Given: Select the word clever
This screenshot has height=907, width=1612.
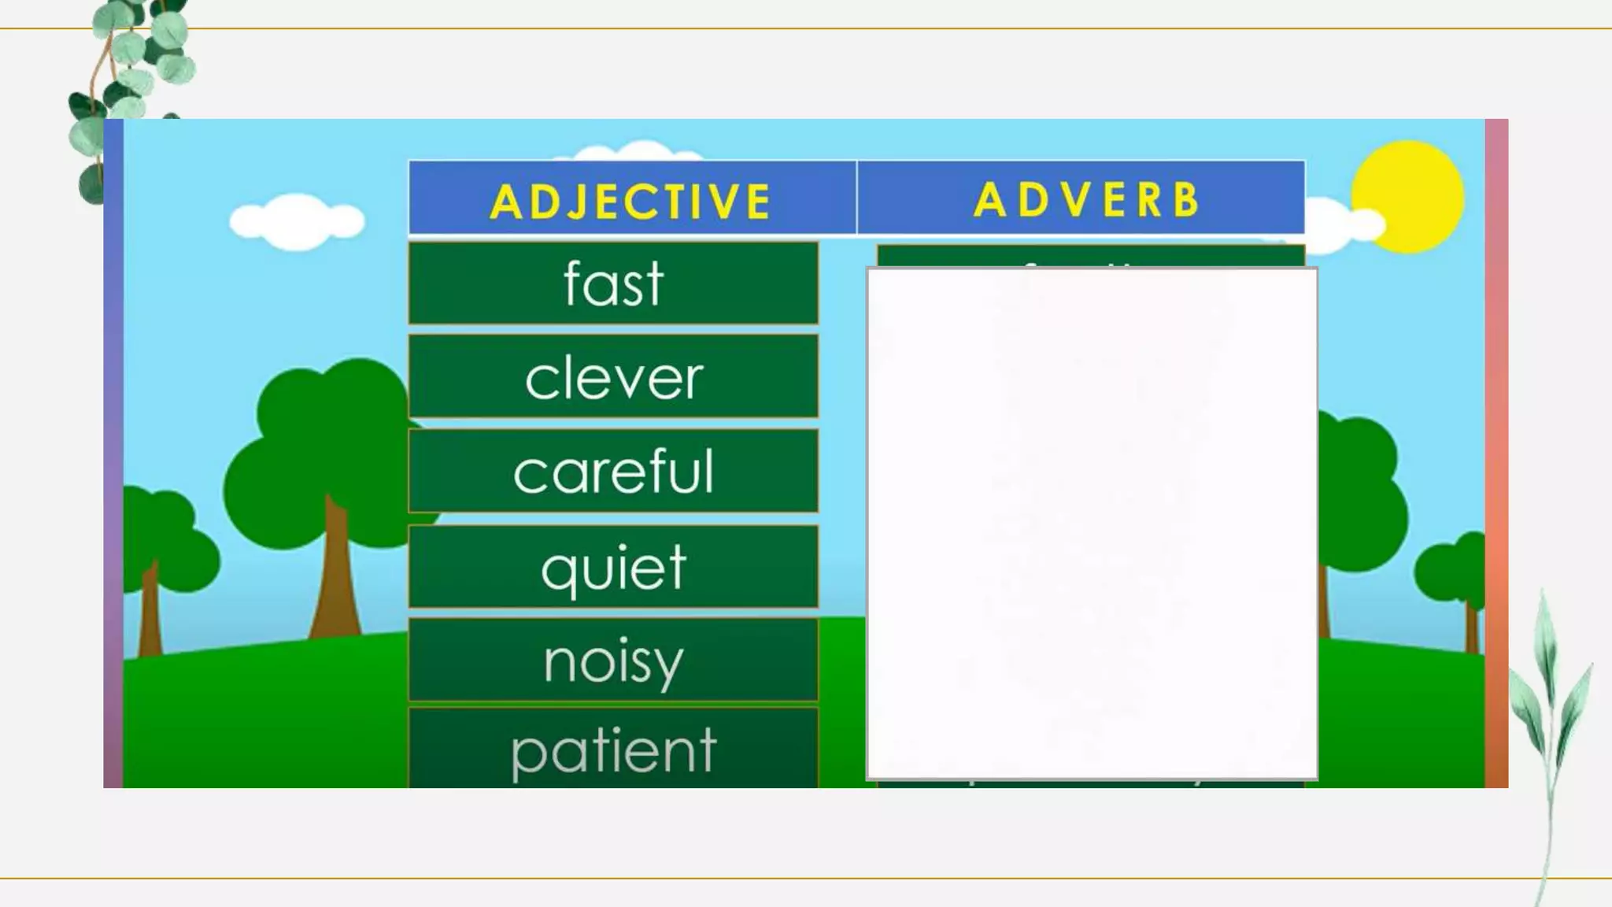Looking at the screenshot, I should tap(613, 378).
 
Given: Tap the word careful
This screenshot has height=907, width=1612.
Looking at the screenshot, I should tap(613, 472).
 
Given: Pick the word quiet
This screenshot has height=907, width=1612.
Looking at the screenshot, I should tap(613, 567).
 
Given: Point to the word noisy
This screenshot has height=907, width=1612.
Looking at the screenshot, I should tap(613, 661).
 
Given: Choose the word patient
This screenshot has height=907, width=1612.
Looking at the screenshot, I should tap(613, 750).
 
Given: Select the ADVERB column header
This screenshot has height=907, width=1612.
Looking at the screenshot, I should tap(1086, 199).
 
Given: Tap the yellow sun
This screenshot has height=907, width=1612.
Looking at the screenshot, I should tap(1407, 197).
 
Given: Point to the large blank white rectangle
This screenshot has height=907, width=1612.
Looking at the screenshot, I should tap(1092, 524).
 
